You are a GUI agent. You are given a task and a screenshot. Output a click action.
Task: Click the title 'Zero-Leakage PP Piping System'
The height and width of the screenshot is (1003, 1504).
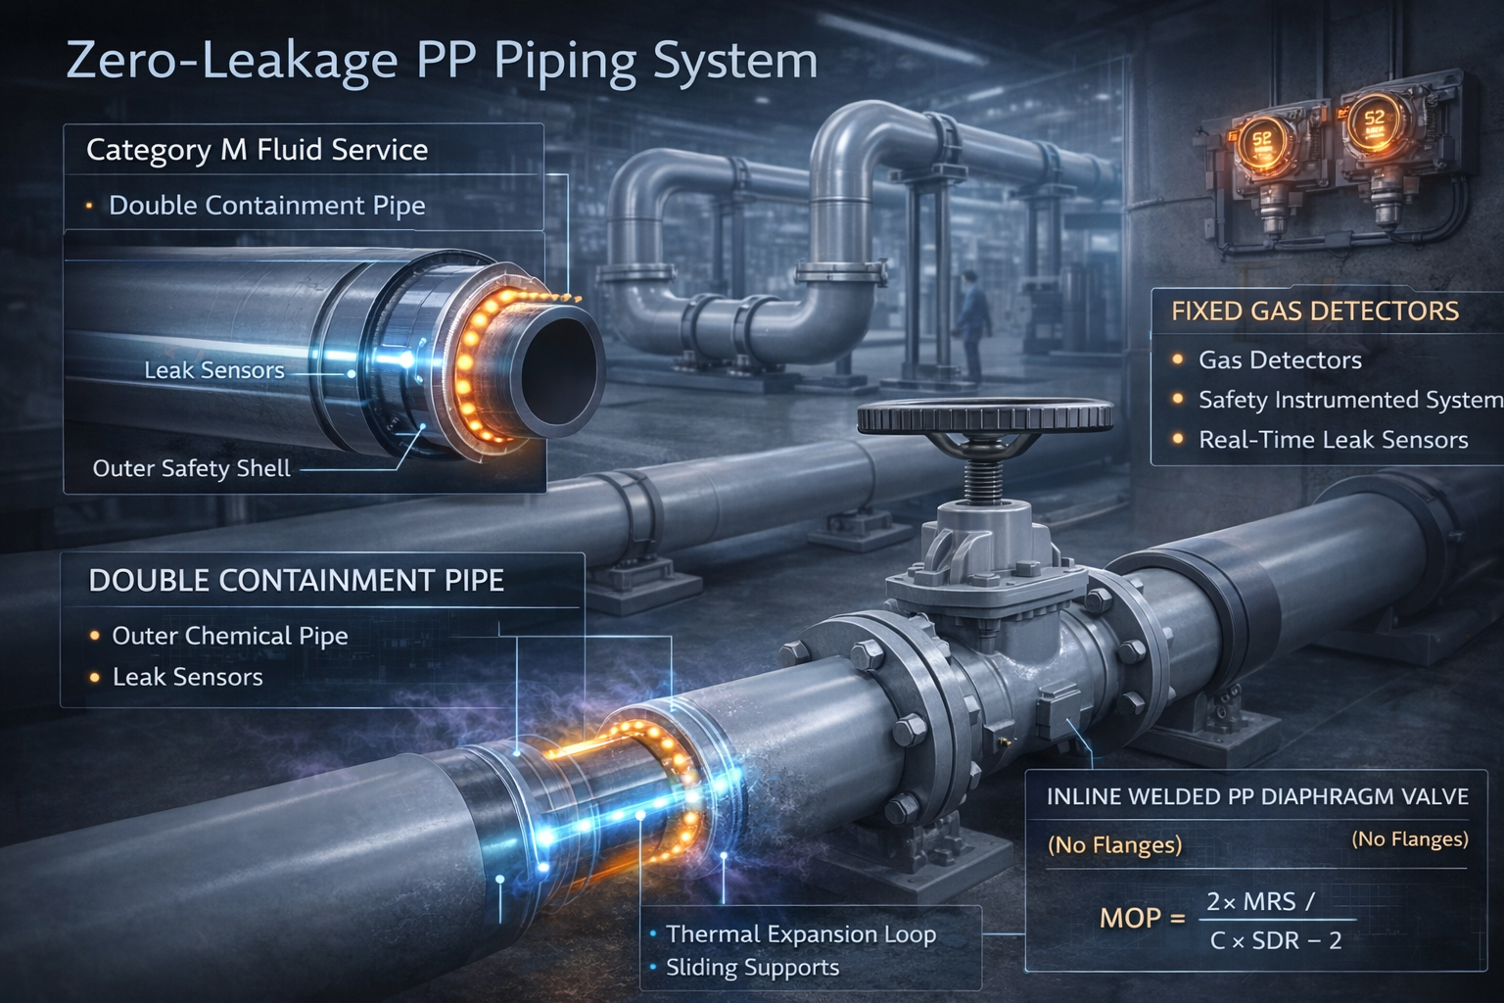(442, 61)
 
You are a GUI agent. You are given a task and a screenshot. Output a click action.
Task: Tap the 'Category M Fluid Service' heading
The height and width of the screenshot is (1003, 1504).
(257, 150)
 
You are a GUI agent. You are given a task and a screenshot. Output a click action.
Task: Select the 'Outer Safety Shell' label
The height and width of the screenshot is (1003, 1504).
(191, 468)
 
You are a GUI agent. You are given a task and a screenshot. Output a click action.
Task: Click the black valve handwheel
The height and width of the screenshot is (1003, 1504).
(984, 415)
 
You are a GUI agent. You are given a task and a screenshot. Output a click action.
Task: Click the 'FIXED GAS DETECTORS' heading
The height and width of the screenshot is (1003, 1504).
(1314, 311)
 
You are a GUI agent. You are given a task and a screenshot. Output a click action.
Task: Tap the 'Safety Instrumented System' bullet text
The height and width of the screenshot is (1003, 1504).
(1349, 400)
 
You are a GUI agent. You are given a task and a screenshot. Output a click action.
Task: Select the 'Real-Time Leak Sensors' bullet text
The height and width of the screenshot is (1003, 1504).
(1333, 440)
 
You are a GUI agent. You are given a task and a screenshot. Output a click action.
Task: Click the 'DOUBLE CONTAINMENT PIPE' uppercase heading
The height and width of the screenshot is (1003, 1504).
(296, 581)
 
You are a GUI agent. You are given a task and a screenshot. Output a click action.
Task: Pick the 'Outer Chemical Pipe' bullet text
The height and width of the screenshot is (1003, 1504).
(230, 636)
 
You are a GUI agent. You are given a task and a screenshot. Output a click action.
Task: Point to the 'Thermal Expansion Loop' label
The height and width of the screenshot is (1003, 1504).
(801, 934)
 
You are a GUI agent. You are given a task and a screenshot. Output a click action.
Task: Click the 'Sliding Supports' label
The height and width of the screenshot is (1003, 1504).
(752, 968)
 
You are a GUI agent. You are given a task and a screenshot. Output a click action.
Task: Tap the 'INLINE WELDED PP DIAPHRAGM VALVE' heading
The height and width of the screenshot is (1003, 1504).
(1257, 796)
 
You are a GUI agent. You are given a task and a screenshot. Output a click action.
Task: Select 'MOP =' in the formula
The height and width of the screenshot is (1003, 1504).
(1142, 918)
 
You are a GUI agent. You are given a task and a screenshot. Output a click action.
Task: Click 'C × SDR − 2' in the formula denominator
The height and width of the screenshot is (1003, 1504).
(1275, 941)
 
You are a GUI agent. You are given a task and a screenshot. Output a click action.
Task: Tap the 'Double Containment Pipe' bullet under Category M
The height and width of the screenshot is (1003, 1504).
(266, 206)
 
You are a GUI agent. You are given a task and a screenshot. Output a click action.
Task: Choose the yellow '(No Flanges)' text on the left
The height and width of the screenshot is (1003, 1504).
(1114, 844)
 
